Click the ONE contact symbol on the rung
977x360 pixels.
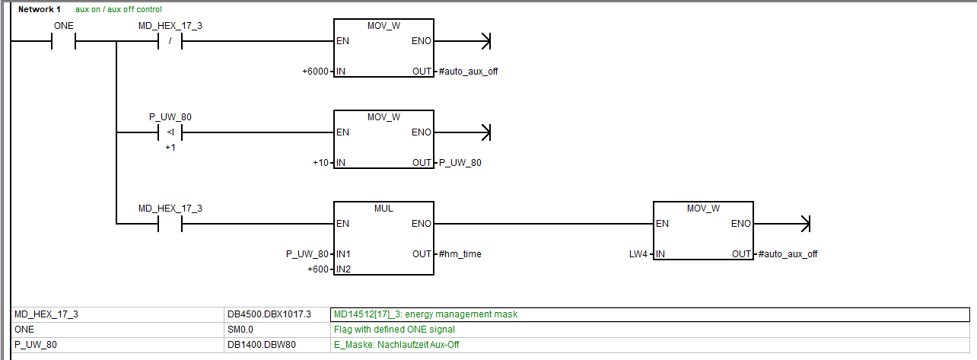[x=63, y=41]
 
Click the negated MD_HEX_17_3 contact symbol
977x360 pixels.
[x=170, y=41]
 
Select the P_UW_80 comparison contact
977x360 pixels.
[x=170, y=132]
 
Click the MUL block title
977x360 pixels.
[x=383, y=209]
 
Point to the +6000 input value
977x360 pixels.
[x=316, y=72]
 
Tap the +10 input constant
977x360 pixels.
[x=320, y=163]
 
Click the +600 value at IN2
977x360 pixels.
[x=318, y=269]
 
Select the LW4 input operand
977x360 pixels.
[x=638, y=254]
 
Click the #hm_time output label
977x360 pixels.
[x=460, y=254]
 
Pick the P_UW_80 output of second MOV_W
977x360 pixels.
[x=460, y=163]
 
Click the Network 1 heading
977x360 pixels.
[x=39, y=9]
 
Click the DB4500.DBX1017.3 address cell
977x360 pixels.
[x=259, y=314]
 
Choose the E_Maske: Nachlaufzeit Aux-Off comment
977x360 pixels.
[x=396, y=345]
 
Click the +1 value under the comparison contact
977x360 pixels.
[x=170, y=147]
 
